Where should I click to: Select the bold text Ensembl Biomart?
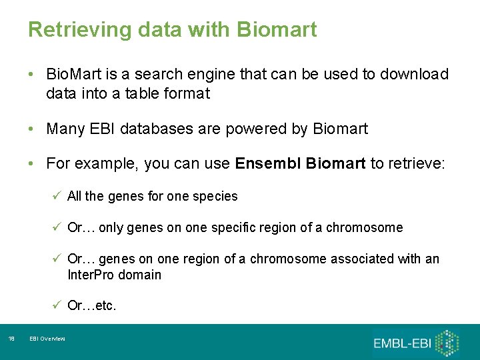click(300, 164)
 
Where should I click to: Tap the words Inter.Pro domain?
click(114, 275)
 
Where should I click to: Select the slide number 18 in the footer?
click(11, 339)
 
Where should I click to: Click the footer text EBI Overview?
click(47, 339)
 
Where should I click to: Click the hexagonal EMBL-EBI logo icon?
click(447, 342)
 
